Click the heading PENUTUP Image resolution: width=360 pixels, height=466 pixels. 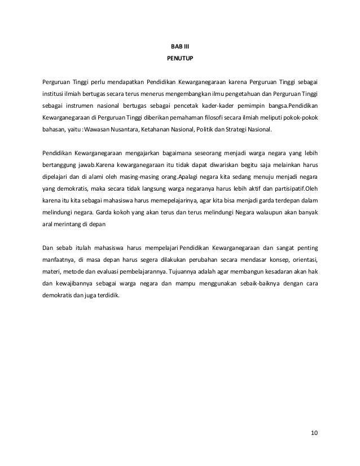180,58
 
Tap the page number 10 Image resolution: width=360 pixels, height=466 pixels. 314,433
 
